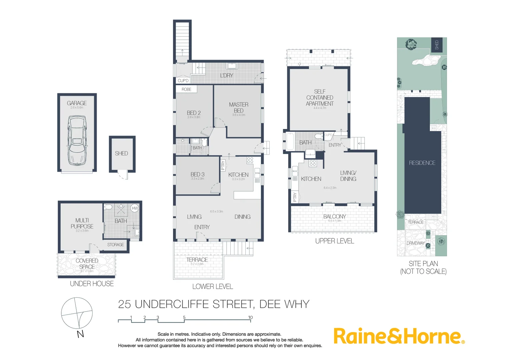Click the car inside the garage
(77, 140)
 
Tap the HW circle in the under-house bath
(135, 208)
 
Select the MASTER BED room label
(238, 107)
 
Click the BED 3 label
(197, 174)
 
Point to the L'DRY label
(227, 75)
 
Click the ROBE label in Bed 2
(186, 89)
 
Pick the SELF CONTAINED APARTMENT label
(320, 97)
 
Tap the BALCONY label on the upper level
(335, 216)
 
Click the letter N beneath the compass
(80, 334)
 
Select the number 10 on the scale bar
(250, 317)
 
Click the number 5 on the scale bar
(184, 317)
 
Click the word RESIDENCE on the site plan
(422, 163)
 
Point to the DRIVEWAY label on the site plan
(416, 243)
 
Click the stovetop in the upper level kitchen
(312, 163)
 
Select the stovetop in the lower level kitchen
(250, 160)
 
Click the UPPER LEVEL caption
(334, 241)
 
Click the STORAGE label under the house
(115, 245)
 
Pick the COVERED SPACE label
(87, 264)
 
